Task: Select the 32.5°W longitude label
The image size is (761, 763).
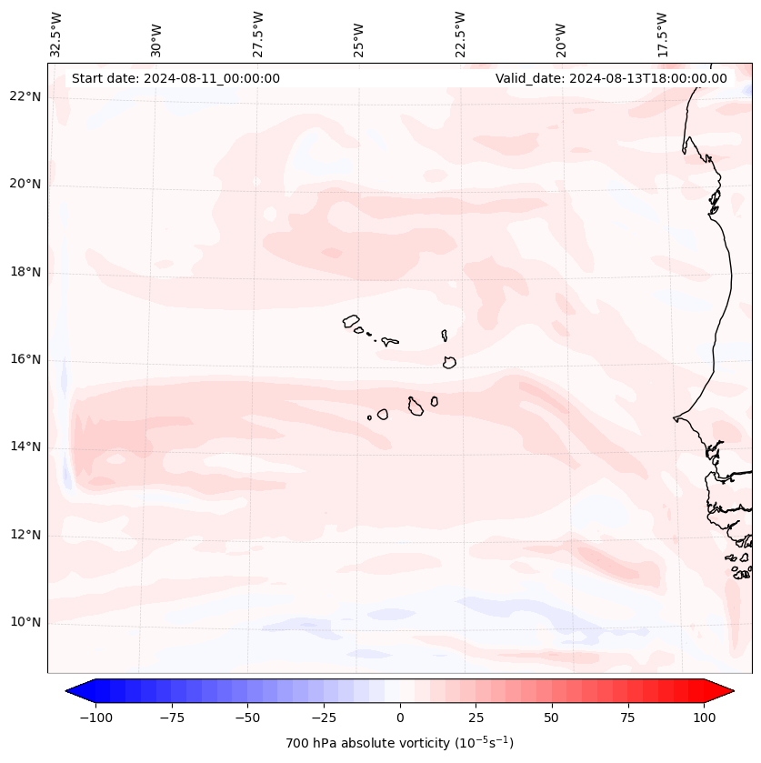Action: pyautogui.click(x=57, y=35)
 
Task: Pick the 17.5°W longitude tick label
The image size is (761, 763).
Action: pyautogui.click(x=663, y=35)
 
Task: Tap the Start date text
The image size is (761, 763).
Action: pyautogui.click(x=175, y=78)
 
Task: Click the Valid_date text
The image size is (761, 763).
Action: pyautogui.click(x=611, y=78)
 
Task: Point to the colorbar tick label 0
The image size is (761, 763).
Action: pyautogui.click(x=400, y=718)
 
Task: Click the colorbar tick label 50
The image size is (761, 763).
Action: pyautogui.click(x=552, y=718)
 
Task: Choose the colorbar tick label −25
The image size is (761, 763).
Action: pyautogui.click(x=324, y=718)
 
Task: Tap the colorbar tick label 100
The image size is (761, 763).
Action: pyautogui.click(x=703, y=718)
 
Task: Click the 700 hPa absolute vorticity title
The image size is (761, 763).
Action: pyautogui.click(x=400, y=743)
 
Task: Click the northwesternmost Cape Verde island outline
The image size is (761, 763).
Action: pyautogui.click(x=351, y=320)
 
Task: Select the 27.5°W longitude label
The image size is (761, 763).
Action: pyautogui.click(x=259, y=35)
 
